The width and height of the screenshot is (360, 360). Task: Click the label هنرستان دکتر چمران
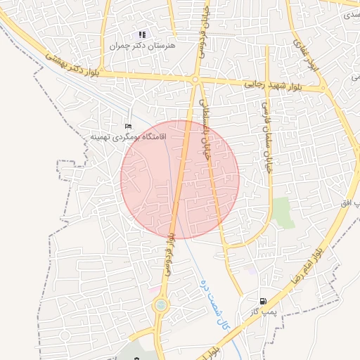tap(143, 45)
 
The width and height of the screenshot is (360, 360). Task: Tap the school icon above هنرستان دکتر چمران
tap(143, 34)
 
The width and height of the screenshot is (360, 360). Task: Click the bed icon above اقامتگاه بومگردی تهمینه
tap(127, 126)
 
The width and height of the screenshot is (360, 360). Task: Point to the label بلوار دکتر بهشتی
tap(77, 65)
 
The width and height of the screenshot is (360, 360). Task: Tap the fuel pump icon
tap(264, 301)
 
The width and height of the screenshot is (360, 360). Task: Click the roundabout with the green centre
tap(162, 305)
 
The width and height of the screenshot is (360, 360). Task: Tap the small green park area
tap(284, 212)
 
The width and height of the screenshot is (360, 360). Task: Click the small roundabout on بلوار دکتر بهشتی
tap(195, 80)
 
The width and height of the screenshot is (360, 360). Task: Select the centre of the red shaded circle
tap(180, 179)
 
